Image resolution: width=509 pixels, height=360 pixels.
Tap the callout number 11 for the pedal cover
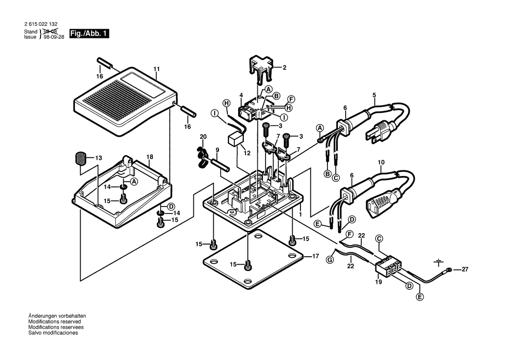pos(157,69)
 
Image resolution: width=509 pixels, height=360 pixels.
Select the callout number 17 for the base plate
pos(315,256)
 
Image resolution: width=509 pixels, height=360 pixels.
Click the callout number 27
pos(465,270)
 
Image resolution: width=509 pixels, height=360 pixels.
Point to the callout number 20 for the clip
pos(202,137)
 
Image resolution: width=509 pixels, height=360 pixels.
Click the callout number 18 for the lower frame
pos(149,156)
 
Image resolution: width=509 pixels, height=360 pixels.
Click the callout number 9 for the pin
pos(217,150)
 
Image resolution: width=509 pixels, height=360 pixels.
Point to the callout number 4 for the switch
pos(241,95)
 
